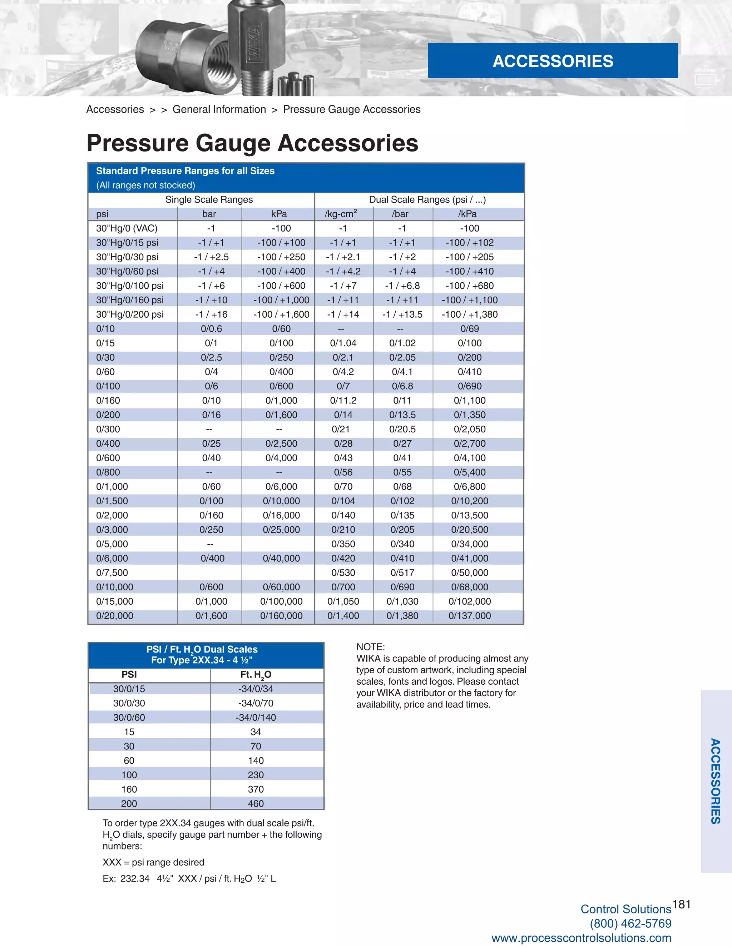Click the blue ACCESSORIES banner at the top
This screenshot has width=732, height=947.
[x=553, y=61]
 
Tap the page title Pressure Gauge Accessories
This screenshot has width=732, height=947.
[x=252, y=143]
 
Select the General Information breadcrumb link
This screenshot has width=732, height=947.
[x=219, y=109]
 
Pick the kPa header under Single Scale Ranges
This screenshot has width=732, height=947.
[x=279, y=214]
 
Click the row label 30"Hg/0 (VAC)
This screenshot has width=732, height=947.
[x=127, y=228]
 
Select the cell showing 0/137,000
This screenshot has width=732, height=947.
[x=470, y=616]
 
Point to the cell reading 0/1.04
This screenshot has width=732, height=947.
[x=343, y=343]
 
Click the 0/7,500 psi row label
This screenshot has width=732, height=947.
[x=112, y=573]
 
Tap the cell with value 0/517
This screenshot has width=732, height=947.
[x=402, y=573]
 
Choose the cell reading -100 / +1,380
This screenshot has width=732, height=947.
[x=470, y=314]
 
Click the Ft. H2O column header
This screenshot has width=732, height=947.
[x=256, y=675]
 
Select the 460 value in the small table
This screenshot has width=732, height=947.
[x=256, y=803]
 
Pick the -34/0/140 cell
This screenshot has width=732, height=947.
[x=256, y=718]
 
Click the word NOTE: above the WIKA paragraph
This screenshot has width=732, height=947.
[x=370, y=647]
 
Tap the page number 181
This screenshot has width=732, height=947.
[x=681, y=904]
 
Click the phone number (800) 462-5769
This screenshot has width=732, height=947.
[x=630, y=923]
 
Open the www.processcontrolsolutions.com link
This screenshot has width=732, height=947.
[x=581, y=938]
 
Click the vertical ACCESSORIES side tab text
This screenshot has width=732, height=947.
[x=715, y=781]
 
